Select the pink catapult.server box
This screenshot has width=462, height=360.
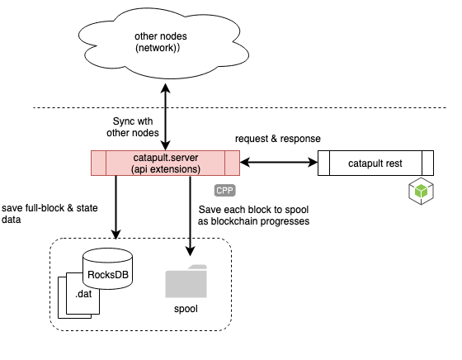click(x=165, y=163)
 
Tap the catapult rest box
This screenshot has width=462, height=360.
click(x=375, y=163)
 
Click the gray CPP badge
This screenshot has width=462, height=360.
click(x=224, y=191)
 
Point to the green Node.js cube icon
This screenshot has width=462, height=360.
click(x=421, y=191)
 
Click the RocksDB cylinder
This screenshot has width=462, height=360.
click(x=107, y=268)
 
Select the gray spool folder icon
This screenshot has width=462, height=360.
click(x=186, y=282)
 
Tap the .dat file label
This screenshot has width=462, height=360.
click(x=83, y=294)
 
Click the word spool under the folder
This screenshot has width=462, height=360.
click(x=186, y=309)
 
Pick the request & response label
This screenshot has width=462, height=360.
click(x=277, y=139)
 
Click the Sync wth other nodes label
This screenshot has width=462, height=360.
click(x=133, y=127)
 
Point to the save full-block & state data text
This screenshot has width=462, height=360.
click(x=49, y=214)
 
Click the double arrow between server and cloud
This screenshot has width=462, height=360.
click(x=166, y=116)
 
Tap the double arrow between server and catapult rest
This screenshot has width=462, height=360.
click(x=279, y=162)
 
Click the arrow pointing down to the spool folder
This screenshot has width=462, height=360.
click(x=190, y=216)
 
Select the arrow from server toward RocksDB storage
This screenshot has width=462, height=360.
click(x=115, y=207)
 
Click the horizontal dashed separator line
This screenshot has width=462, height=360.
click(x=240, y=108)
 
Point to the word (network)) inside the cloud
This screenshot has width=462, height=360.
click(x=158, y=48)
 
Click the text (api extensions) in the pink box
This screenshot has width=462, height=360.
click(x=166, y=169)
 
